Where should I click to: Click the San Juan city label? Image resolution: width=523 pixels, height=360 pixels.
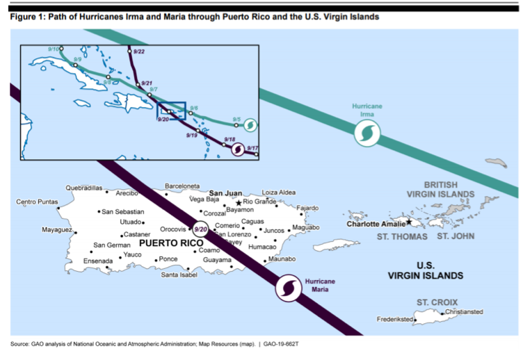click(x=225, y=193)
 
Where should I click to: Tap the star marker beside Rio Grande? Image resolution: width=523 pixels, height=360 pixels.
click(x=239, y=202)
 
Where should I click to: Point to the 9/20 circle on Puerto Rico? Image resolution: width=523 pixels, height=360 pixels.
click(x=200, y=229)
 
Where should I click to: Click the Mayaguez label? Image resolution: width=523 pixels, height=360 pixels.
click(x=57, y=229)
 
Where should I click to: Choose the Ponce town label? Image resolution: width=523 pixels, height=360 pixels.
click(x=168, y=259)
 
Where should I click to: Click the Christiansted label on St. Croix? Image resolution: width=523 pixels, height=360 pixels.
click(x=463, y=312)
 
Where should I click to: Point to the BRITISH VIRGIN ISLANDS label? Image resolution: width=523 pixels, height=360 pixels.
click(x=441, y=190)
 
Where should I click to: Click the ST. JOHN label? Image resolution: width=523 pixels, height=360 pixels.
click(x=456, y=236)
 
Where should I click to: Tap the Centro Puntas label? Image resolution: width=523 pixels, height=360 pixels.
click(x=37, y=202)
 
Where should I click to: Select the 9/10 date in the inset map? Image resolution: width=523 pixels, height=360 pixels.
click(x=53, y=48)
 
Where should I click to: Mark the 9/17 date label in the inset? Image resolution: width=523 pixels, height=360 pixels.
click(x=252, y=147)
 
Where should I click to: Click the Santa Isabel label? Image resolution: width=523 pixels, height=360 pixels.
click(x=179, y=275)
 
